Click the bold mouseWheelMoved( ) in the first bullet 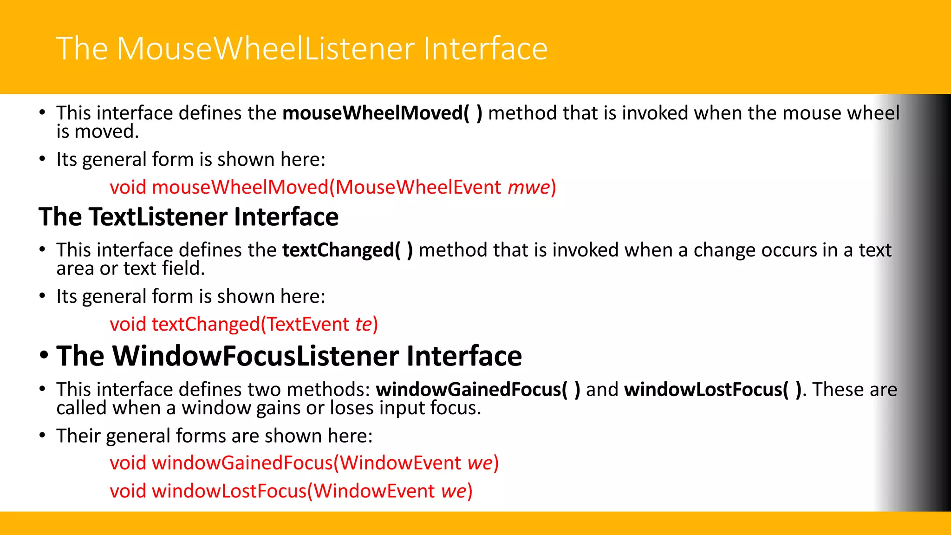point(382,113)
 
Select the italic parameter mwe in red point(528,187)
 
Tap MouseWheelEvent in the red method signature point(418,187)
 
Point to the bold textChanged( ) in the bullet point(347,250)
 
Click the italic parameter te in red point(364,324)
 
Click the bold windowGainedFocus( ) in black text point(478,390)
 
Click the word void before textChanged point(128,324)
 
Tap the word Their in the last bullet point(78,436)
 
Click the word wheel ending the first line point(873,113)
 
